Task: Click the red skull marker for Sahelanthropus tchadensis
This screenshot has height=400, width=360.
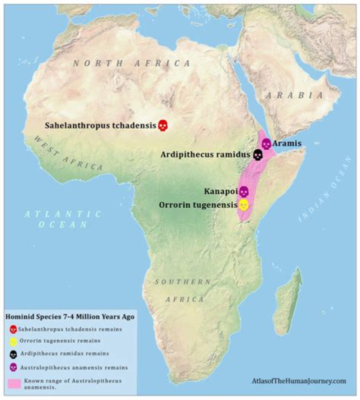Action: point(163,125)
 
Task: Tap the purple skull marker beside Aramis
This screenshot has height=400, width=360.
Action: point(266,144)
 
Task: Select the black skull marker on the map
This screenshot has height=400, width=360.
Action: point(257,155)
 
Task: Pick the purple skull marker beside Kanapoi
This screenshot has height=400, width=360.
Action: point(243,192)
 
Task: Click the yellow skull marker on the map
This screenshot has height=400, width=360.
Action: point(243,205)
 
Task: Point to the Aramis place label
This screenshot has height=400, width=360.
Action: point(287,143)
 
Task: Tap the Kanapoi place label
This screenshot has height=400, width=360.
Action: point(220,192)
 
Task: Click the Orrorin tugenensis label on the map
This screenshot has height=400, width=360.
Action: point(197,205)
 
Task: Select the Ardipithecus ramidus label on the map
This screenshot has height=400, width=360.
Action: point(205,155)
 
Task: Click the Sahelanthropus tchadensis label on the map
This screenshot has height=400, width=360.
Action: point(100,125)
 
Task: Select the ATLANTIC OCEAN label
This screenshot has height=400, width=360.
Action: point(63,219)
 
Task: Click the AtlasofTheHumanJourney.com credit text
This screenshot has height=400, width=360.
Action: point(299,381)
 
